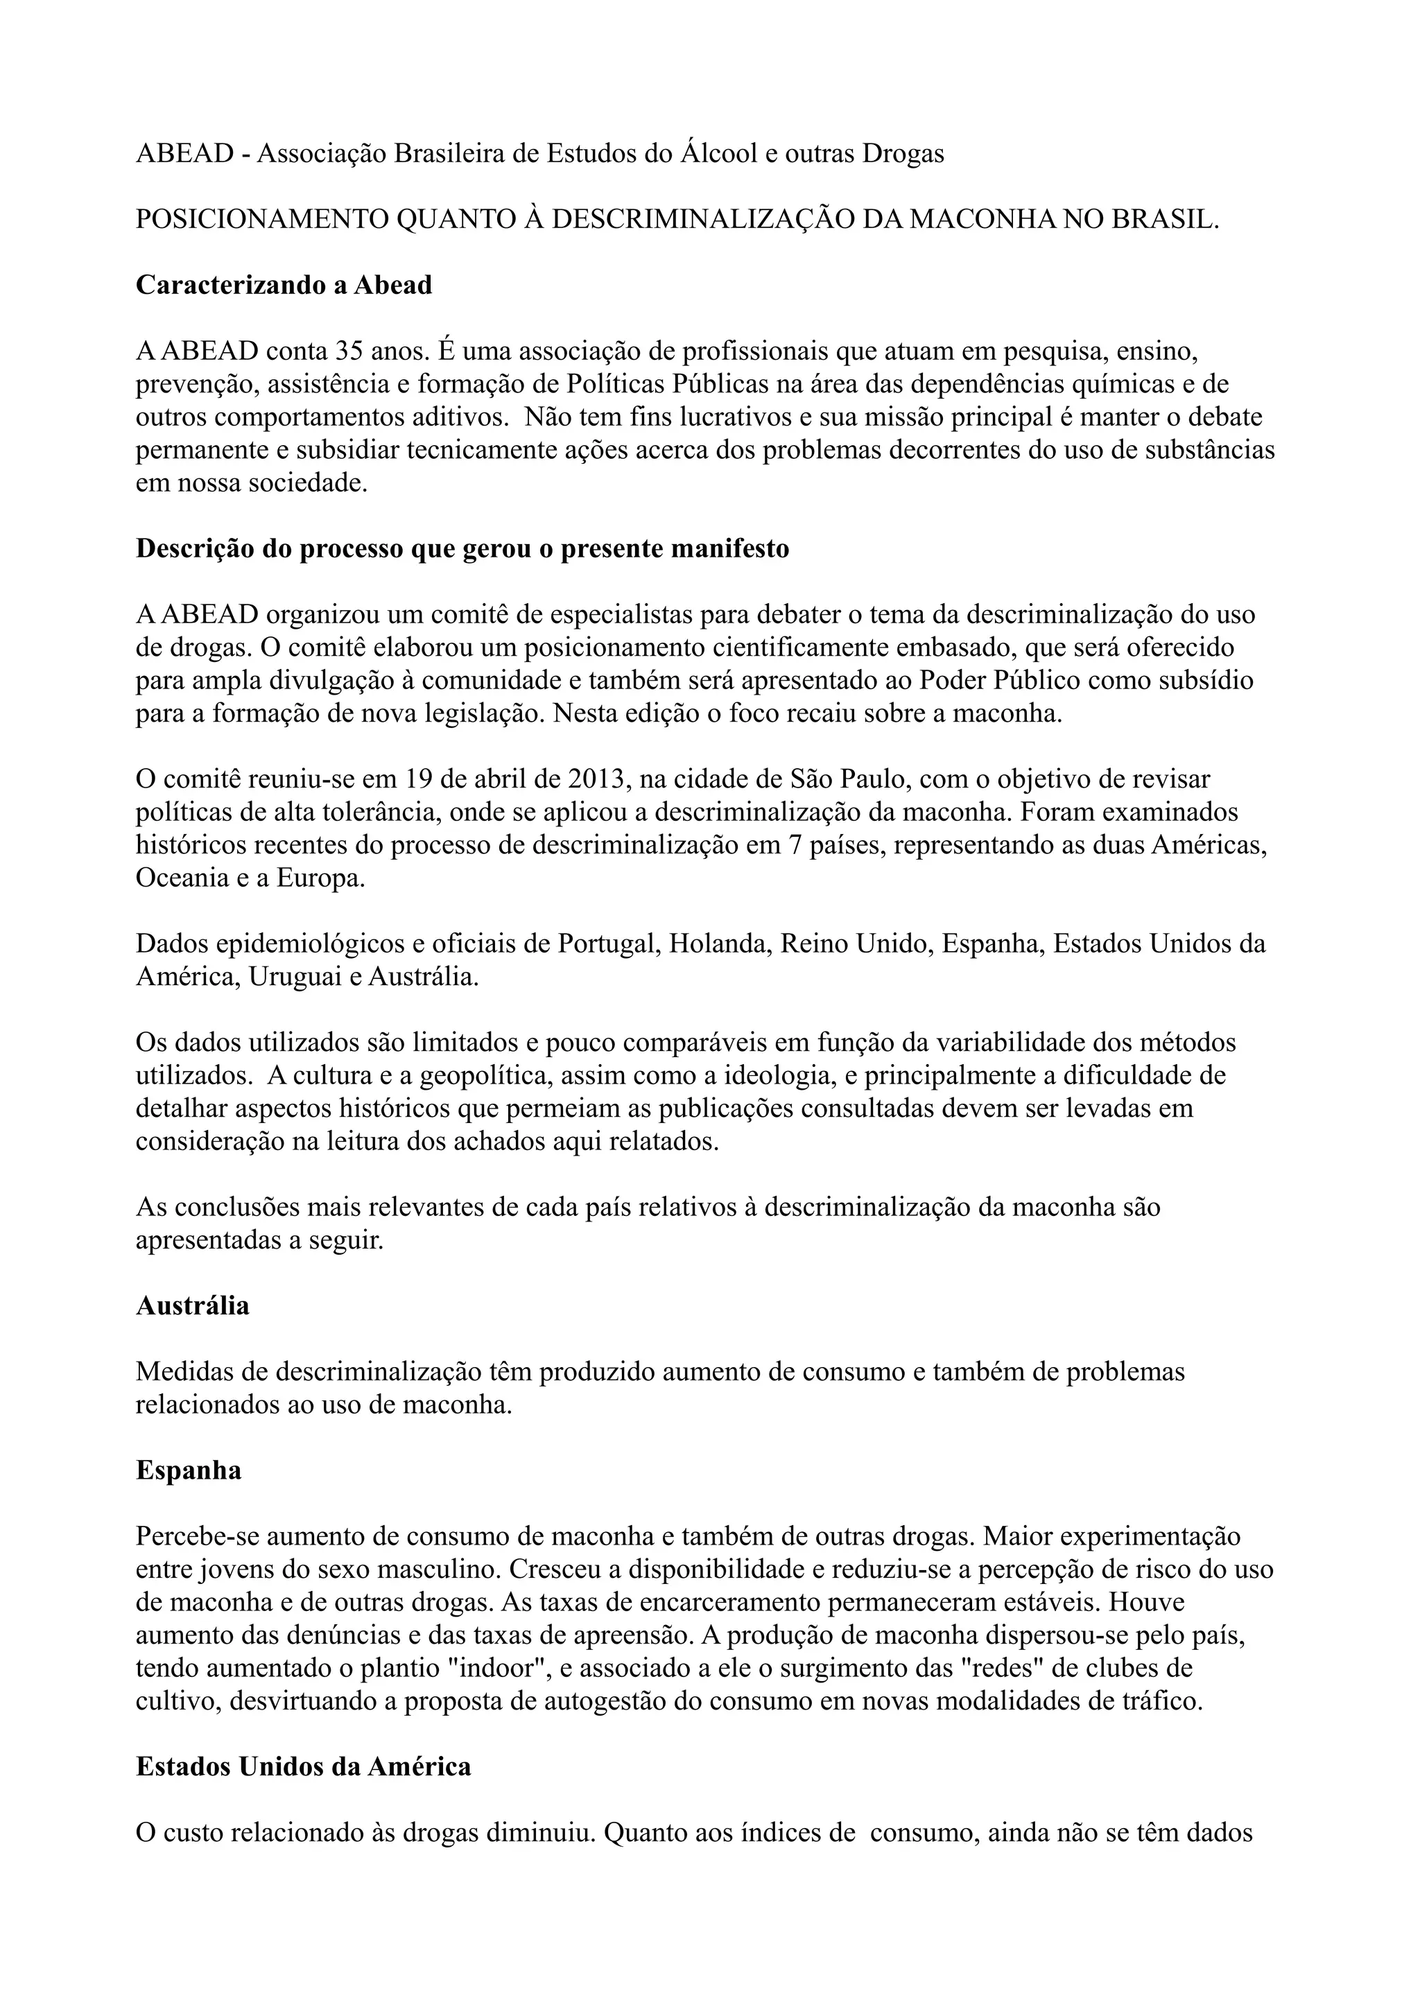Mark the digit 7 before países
tap(772, 845)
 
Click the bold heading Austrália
tap(193, 1305)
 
